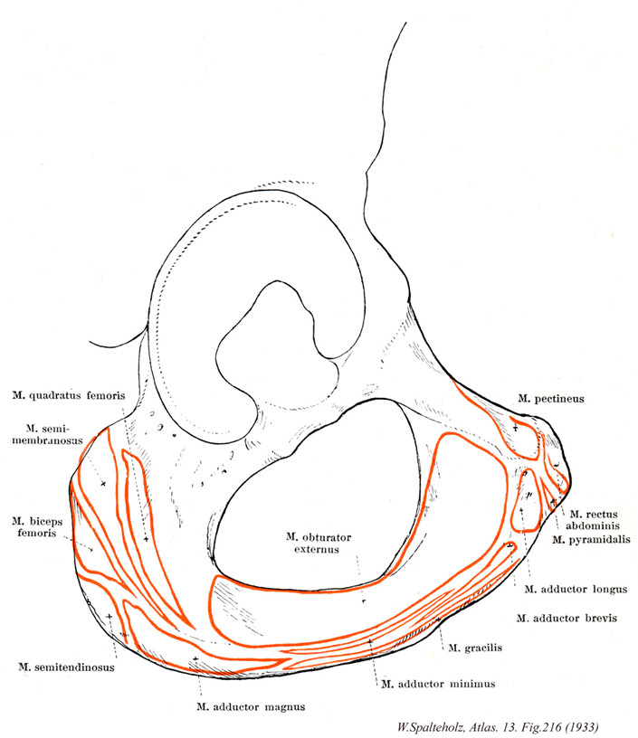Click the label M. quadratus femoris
[68, 394]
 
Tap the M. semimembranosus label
[56, 433]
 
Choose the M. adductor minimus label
[439, 684]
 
